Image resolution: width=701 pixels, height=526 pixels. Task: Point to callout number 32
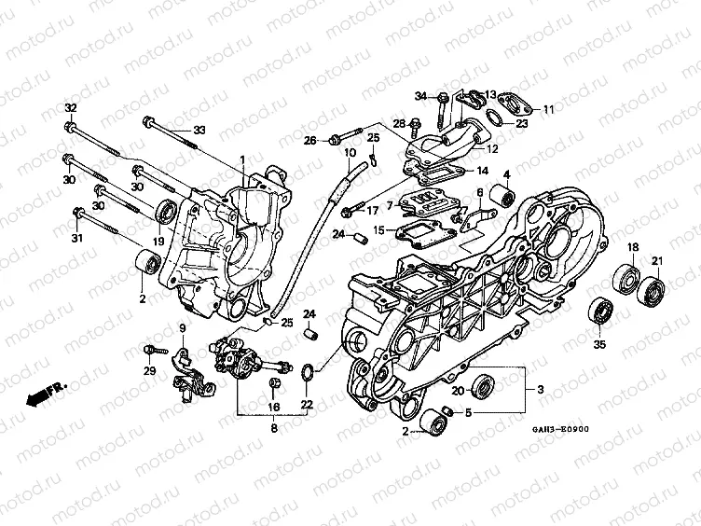click(70, 109)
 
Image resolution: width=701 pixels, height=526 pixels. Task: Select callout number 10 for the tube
click(350, 153)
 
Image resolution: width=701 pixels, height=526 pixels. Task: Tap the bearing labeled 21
click(652, 291)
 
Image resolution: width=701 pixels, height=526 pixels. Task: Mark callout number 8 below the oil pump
click(273, 429)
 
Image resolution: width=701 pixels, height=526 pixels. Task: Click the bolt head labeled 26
click(333, 141)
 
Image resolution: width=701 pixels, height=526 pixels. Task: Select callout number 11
click(548, 109)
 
